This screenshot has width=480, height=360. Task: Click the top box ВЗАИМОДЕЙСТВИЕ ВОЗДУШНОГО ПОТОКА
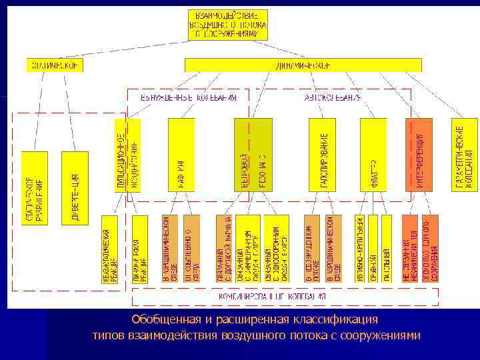[228, 25]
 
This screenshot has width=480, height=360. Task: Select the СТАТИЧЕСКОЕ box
[55, 65]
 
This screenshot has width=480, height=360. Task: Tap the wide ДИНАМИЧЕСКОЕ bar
[303, 65]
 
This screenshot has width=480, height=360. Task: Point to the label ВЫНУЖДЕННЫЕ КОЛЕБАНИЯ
[189, 97]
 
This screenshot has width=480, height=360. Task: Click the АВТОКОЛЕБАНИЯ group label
[333, 97]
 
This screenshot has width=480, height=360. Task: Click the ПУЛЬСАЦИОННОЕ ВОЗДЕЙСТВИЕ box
[127, 155]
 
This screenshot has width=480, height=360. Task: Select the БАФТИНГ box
[181, 155]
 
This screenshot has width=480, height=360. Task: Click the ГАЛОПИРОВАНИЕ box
[322, 155]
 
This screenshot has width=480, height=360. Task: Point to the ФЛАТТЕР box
[373, 155]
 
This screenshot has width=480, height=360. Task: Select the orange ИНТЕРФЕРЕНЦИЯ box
[418, 155]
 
